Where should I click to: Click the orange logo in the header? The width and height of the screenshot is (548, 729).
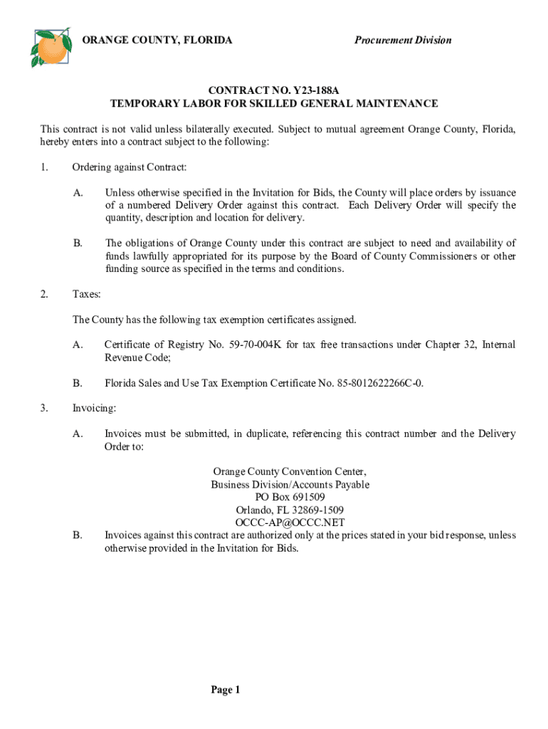(x=51, y=47)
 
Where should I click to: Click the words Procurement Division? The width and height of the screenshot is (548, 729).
(x=403, y=40)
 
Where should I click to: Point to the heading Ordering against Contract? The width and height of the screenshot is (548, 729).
(x=130, y=167)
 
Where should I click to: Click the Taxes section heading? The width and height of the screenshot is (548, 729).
(x=87, y=294)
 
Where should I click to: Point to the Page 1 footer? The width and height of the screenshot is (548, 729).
(x=226, y=689)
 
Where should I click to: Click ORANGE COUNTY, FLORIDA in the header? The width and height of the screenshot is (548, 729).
(x=157, y=40)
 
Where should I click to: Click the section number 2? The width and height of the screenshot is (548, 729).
(x=44, y=294)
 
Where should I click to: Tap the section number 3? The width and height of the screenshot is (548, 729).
(x=44, y=409)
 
